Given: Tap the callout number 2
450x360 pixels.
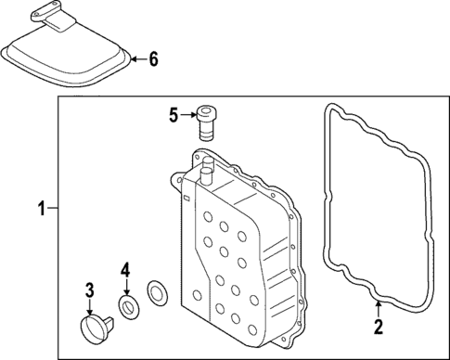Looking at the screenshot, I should click(378, 326).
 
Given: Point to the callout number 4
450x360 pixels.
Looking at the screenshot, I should click(124, 271).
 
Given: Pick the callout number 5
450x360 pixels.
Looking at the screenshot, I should click(173, 116).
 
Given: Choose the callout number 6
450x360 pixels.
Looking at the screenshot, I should click(153, 60).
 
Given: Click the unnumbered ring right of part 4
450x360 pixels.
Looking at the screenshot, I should click(158, 294).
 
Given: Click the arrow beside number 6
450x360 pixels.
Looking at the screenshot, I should click(136, 60).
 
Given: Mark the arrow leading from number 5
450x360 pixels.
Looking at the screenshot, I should click(188, 116).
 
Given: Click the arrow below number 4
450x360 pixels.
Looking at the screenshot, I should click(124, 287).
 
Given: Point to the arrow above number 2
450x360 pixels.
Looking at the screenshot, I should click(378, 310).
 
